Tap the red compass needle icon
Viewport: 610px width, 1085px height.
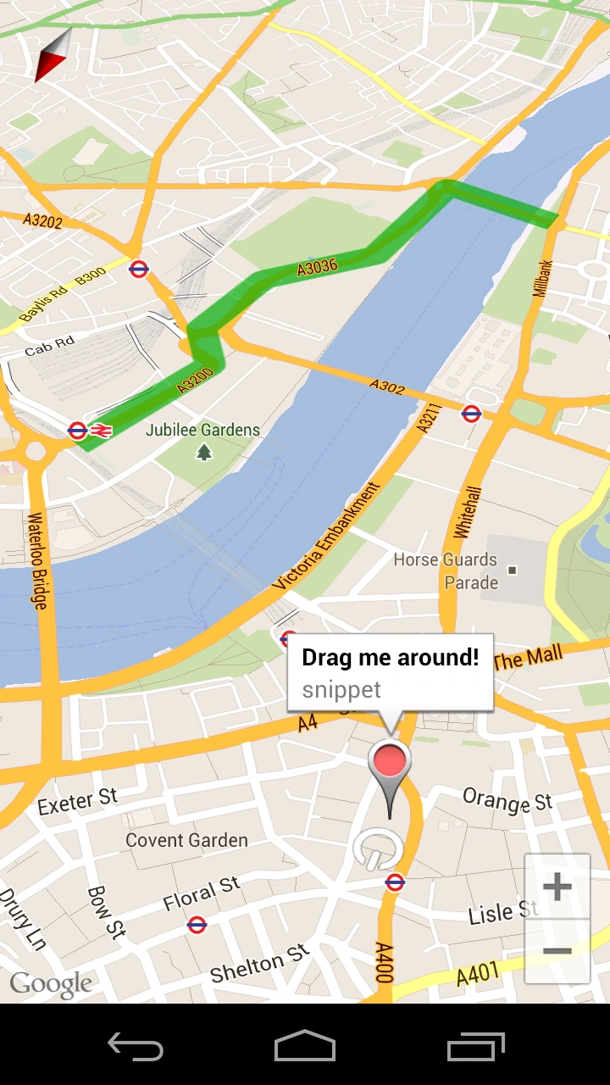pyautogui.click(x=53, y=55)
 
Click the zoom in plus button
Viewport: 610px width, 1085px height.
pyautogui.click(x=557, y=887)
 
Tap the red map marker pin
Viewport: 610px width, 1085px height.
pyautogui.click(x=390, y=760)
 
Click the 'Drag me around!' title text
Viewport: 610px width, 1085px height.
pyautogui.click(x=391, y=657)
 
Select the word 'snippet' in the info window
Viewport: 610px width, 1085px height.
pyautogui.click(x=341, y=689)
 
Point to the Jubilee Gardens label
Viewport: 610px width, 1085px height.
pyautogui.click(x=202, y=430)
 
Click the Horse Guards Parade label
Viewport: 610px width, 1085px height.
pyautogui.click(x=446, y=570)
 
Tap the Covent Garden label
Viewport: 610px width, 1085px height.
pyautogui.click(x=186, y=840)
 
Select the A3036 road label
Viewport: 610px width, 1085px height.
pyautogui.click(x=317, y=267)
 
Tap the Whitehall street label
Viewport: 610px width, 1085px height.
pyautogui.click(x=468, y=512)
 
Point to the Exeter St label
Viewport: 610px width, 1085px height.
pyautogui.click(x=77, y=800)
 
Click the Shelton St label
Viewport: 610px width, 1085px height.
pyautogui.click(x=260, y=965)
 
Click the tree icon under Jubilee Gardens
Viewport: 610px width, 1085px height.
pyautogui.click(x=203, y=453)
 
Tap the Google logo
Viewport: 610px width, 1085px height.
pyautogui.click(x=51, y=983)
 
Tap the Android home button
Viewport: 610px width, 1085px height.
pyautogui.click(x=305, y=1046)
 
